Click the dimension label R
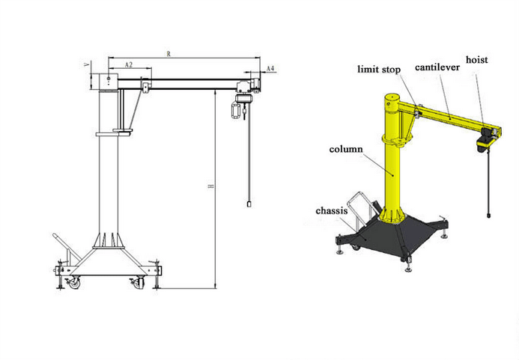click(169, 54)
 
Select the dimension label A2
click(129, 65)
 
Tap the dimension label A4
click(270, 69)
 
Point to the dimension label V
click(87, 64)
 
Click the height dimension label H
click(210, 186)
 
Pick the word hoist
click(477, 60)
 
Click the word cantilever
click(437, 67)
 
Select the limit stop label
click(379, 70)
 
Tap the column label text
click(346, 149)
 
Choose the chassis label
click(331, 211)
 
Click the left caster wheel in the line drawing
click(73, 284)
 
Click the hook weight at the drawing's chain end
click(249, 204)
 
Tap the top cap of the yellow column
click(392, 97)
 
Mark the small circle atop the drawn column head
click(109, 79)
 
